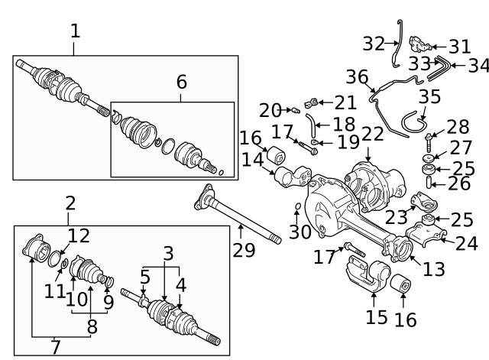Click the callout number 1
coord(75,31)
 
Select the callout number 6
coord(181,81)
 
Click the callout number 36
coord(357,77)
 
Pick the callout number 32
coord(374,44)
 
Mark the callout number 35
coord(429,98)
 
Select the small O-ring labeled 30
coord(297,207)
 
